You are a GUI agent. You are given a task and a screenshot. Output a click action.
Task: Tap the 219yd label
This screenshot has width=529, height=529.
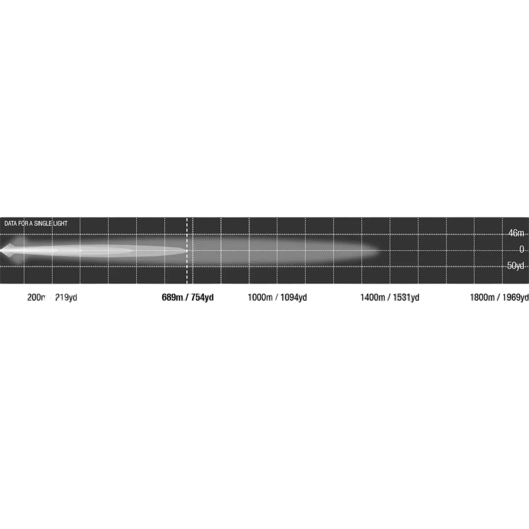[x=66, y=297]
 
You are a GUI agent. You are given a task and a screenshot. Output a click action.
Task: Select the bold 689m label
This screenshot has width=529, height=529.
[x=172, y=297]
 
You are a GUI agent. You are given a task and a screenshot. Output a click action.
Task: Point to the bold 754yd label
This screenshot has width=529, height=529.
[x=202, y=297]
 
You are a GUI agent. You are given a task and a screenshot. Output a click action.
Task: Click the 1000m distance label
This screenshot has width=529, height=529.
[x=260, y=297]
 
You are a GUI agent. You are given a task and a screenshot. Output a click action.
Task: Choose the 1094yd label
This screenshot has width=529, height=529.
[x=294, y=297]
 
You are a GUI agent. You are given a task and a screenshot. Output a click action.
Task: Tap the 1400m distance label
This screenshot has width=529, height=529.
[x=373, y=297]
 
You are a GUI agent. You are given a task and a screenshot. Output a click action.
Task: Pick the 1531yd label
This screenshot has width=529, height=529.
[x=406, y=297]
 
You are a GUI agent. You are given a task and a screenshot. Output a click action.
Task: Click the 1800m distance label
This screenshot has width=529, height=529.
[x=482, y=297]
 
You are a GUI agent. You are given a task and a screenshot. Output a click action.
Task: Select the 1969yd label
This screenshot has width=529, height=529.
[x=515, y=297]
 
